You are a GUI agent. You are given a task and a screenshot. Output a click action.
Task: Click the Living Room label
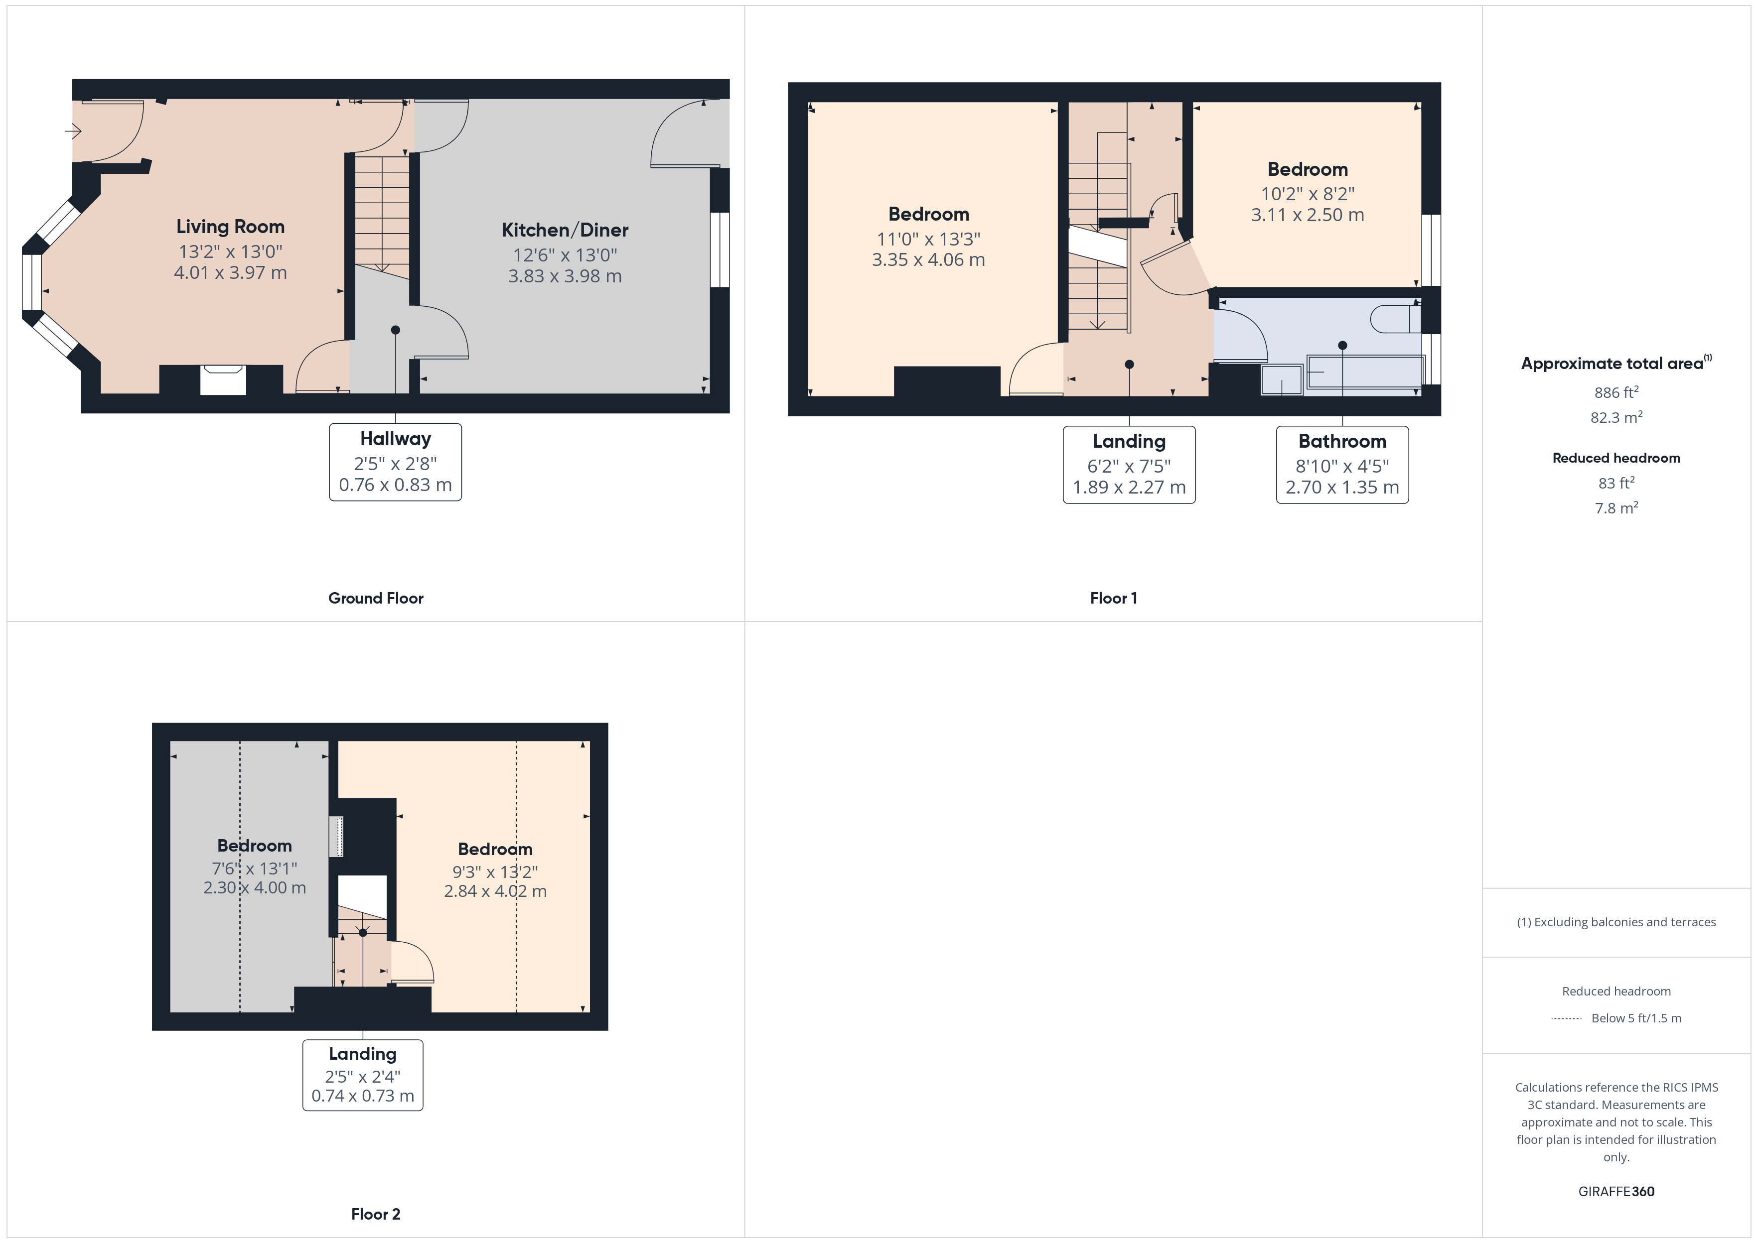[x=231, y=227]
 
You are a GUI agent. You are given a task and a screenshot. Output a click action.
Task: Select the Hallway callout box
[x=395, y=462]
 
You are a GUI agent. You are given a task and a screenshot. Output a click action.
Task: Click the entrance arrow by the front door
[x=74, y=131]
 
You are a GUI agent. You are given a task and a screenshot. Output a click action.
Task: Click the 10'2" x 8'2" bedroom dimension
[x=1308, y=194]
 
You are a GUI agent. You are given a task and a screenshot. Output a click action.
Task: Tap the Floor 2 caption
[x=376, y=1214]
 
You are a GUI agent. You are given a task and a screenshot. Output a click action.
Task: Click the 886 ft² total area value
[x=1616, y=392]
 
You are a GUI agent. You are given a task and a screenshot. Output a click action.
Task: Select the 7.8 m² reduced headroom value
[x=1616, y=507]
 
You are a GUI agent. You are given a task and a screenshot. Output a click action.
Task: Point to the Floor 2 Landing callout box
[x=363, y=1075]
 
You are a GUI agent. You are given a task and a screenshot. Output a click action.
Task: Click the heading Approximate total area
[x=1616, y=363]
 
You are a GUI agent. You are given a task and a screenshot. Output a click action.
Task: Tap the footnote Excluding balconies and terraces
[x=1616, y=922]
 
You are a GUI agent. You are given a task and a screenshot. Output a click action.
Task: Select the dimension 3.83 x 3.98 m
[x=565, y=276]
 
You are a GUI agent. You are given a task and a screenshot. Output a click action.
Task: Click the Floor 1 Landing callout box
[x=1129, y=465]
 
